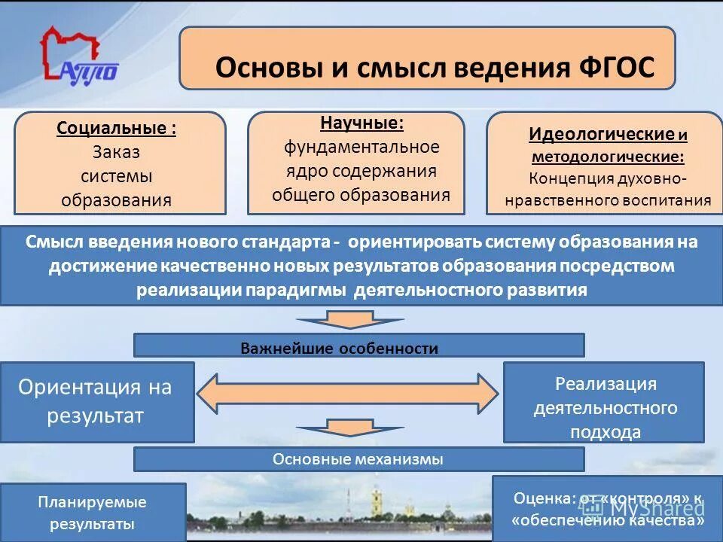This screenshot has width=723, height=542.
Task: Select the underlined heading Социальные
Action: point(117,128)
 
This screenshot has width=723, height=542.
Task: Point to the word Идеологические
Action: point(601,135)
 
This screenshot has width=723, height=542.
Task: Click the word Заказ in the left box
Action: point(117,152)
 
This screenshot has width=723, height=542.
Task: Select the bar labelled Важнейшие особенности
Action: point(358,347)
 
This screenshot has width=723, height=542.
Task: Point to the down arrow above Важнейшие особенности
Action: point(349,318)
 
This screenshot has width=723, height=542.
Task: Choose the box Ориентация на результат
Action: point(96,401)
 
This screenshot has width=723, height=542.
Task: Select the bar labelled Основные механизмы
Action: point(358,459)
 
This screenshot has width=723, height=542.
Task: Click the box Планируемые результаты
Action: point(93,512)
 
